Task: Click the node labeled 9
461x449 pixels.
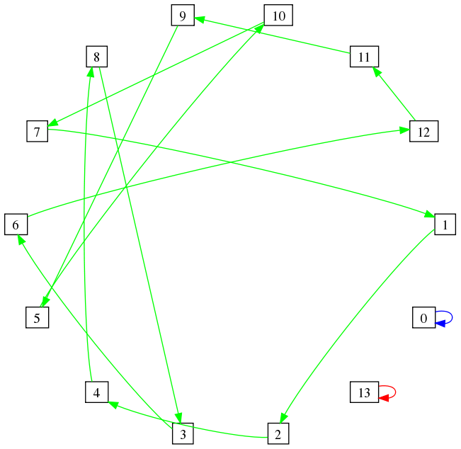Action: tap(183, 16)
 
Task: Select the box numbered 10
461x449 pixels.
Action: tap(278, 16)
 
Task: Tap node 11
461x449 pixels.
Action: tap(364, 57)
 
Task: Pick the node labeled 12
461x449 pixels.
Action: tap(423, 131)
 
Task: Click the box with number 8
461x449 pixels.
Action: tap(97, 57)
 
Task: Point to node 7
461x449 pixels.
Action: tap(37, 131)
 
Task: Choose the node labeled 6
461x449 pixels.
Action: tap(16, 224)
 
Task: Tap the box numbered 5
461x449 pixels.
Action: tap(37, 317)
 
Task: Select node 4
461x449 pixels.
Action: tap(97, 392)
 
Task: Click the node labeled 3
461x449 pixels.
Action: tap(183, 433)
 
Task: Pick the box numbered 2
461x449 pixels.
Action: tap(278, 433)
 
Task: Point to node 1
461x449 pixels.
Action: tap(445, 224)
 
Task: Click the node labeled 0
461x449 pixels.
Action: tap(423, 317)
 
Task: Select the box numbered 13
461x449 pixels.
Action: tap(364, 392)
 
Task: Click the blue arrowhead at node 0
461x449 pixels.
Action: tap(440, 324)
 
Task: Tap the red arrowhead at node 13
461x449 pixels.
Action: tap(384, 398)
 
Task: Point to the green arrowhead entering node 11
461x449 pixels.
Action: tap(377, 72)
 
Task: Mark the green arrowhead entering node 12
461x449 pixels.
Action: tap(404, 130)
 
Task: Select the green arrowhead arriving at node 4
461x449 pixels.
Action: tap(113, 404)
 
